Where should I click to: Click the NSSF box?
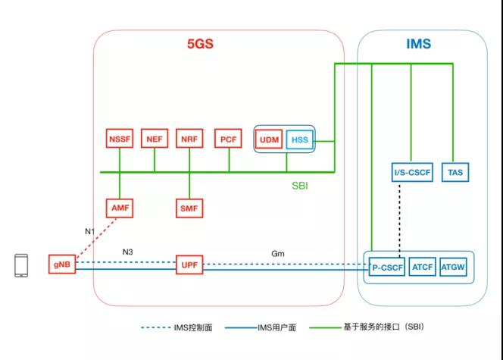point(120,139)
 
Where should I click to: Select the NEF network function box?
point(155,139)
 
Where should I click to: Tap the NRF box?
point(189,139)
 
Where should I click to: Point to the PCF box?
point(228,139)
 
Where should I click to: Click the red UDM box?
point(269,139)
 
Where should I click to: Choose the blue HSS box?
point(300,139)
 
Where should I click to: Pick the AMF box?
point(120,208)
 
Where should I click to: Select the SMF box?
point(189,208)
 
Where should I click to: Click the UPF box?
point(189,265)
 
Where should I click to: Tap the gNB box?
point(62,265)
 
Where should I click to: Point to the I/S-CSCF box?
point(412,172)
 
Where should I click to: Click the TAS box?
point(455,172)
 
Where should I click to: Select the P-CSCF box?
point(387,267)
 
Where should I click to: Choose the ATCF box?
point(423,267)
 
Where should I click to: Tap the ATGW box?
point(453,267)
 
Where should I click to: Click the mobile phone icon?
point(21,265)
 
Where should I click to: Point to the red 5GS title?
point(200,44)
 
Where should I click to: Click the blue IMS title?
point(419,44)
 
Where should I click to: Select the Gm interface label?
point(278,253)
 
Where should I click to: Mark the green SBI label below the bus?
point(300,186)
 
